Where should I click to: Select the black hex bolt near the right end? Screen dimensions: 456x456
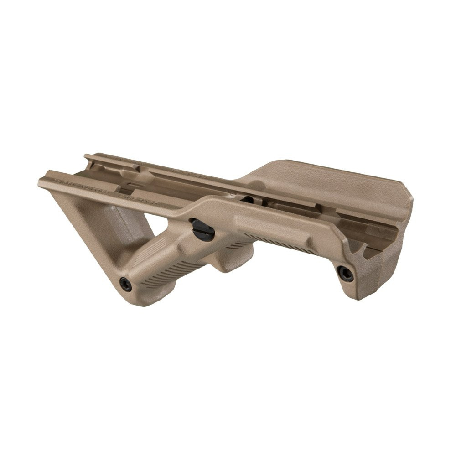click(345, 273)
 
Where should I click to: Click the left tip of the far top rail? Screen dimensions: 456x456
click(88, 157)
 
